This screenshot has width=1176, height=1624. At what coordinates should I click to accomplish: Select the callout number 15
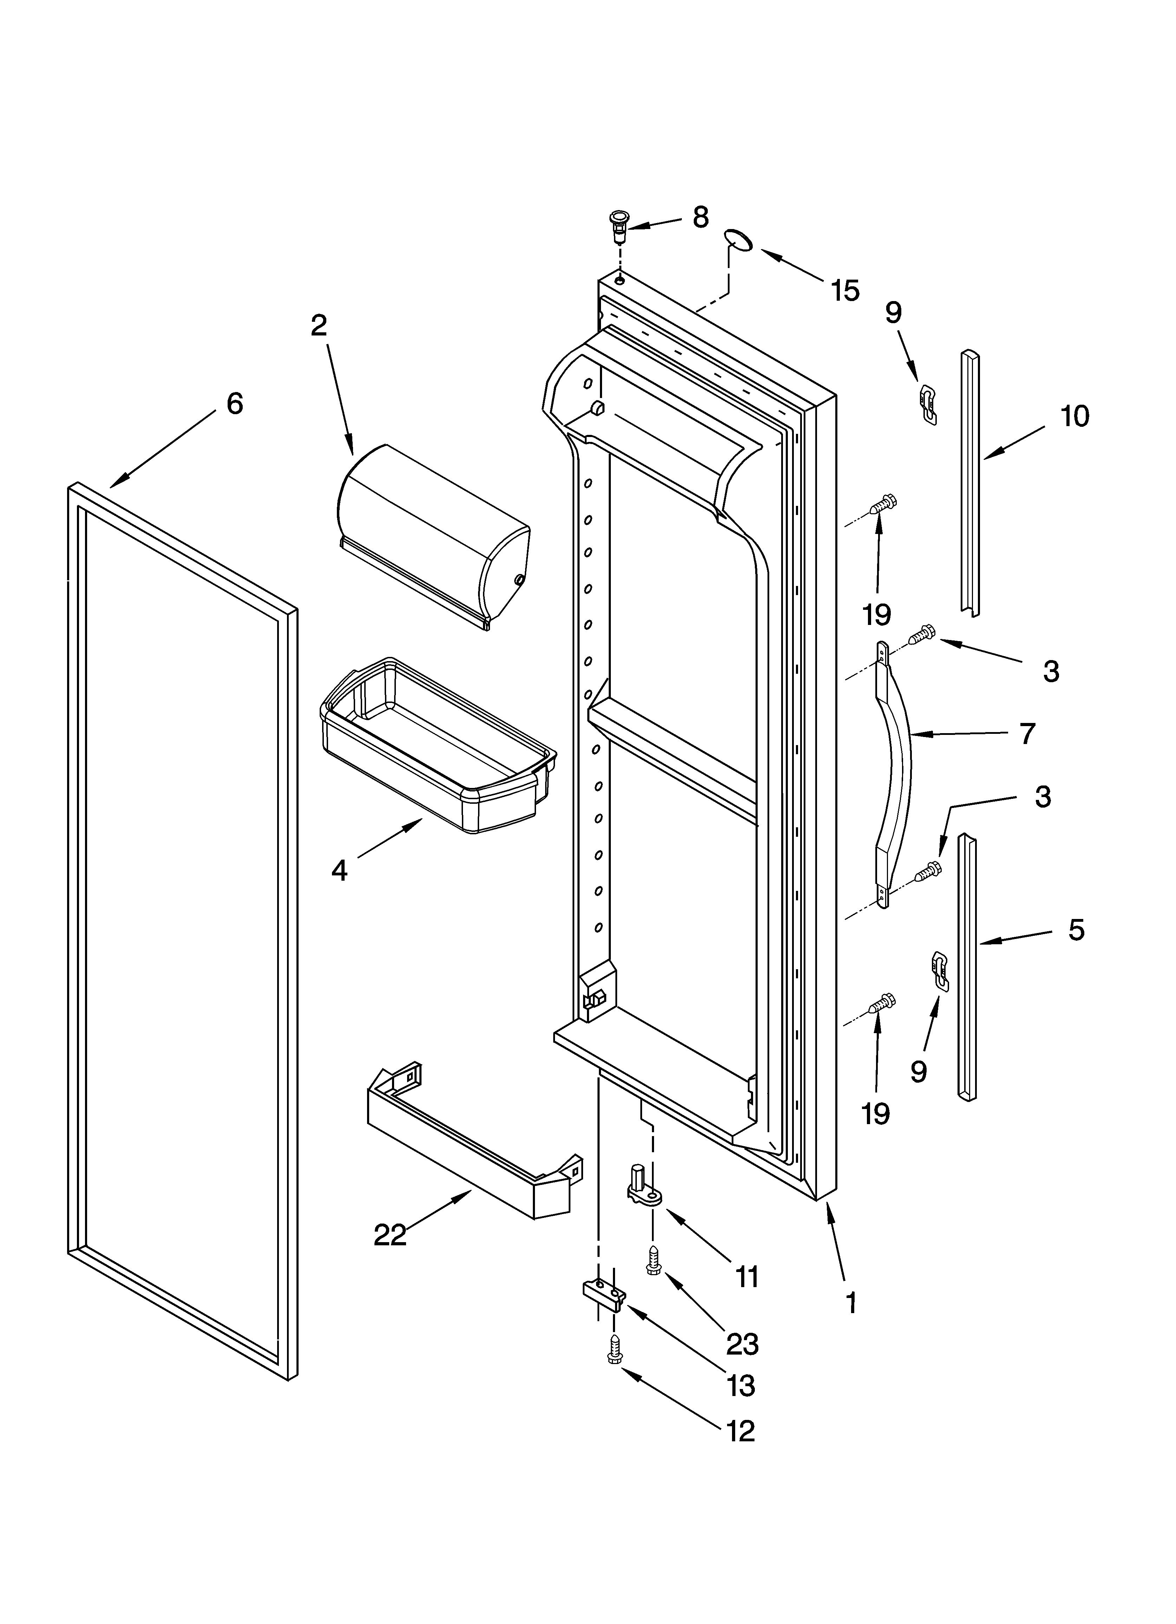[x=845, y=291]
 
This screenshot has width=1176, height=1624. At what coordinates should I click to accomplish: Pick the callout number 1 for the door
[x=851, y=1303]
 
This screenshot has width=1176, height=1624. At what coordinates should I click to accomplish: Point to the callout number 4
[x=339, y=870]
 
